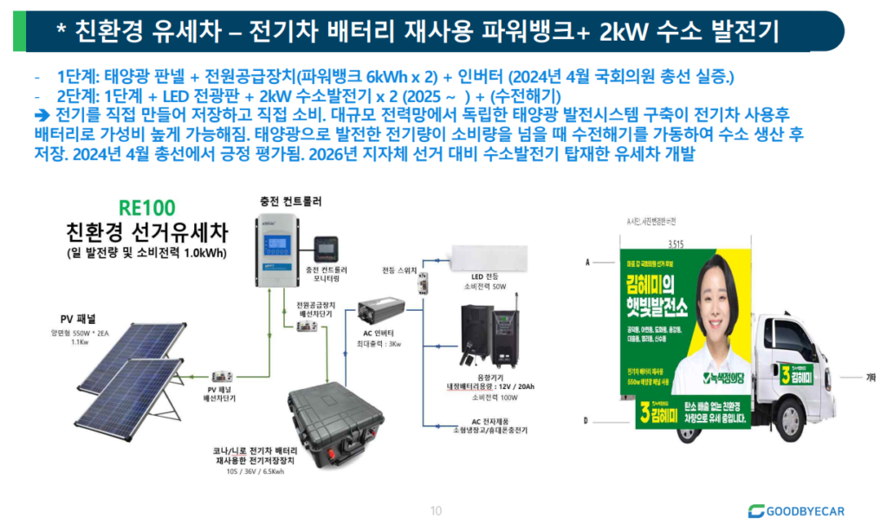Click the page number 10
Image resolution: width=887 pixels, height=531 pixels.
[436, 509]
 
